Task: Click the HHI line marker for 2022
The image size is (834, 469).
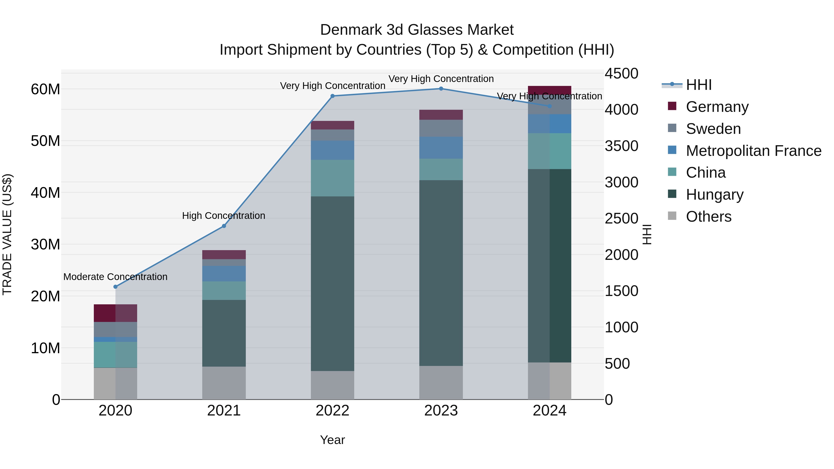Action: [x=332, y=96]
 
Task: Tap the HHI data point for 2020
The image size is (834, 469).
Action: [x=116, y=287]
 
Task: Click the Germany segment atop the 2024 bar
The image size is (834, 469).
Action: [x=550, y=90]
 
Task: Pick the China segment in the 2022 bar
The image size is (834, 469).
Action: [x=332, y=178]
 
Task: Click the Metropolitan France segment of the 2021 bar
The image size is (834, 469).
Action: [x=224, y=274]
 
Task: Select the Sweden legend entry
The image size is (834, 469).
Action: [x=713, y=129]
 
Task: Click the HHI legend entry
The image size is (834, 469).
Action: [x=699, y=85]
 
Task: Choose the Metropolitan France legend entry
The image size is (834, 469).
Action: [x=753, y=151]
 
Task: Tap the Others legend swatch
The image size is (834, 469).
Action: [x=672, y=216]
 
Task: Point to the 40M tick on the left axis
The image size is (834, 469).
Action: [x=45, y=193]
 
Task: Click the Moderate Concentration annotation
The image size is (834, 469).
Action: [x=116, y=277]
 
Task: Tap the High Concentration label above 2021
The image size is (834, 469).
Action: [x=224, y=216]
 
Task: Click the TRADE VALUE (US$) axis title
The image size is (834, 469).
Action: [x=7, y=234]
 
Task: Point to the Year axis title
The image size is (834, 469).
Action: [x=332, y=440]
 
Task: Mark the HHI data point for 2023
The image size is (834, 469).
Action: [x=441, y=89]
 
